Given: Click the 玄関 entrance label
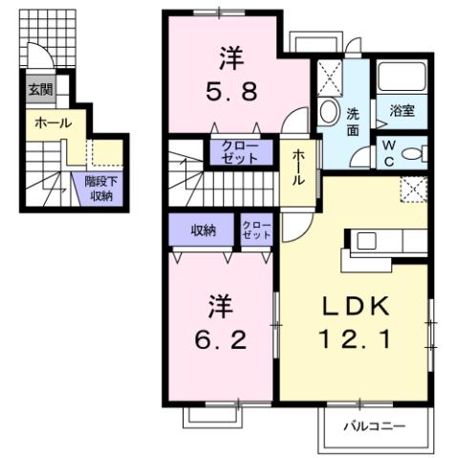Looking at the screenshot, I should (39, 91).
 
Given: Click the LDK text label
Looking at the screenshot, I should (355, 307).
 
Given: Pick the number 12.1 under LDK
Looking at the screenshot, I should (355, 338).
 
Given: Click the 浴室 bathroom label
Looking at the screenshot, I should (402, 111).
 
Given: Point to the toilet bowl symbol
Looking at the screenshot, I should (413, 154).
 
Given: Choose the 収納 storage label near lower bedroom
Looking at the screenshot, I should (203, 229).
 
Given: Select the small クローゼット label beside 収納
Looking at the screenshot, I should (256, 229).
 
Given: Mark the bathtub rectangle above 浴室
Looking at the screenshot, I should (401, 77).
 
